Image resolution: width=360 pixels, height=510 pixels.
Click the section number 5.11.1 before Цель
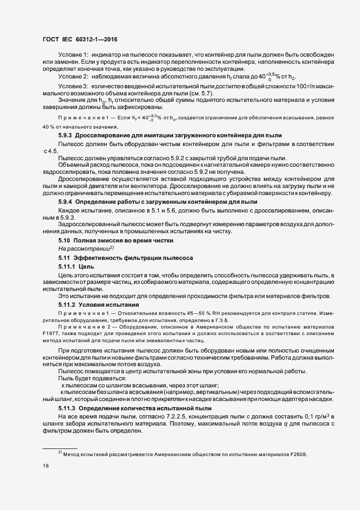(x=67, y=267)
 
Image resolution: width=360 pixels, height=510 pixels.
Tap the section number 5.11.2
(x=67, y=303)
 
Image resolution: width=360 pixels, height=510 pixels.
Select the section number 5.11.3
(x=67, y=408)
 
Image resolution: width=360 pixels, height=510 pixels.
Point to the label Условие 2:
(x=73, y=77)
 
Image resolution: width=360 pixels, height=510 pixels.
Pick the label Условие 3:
(x=73, y=87)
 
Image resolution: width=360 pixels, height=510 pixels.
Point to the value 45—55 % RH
(x=179, y=313)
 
